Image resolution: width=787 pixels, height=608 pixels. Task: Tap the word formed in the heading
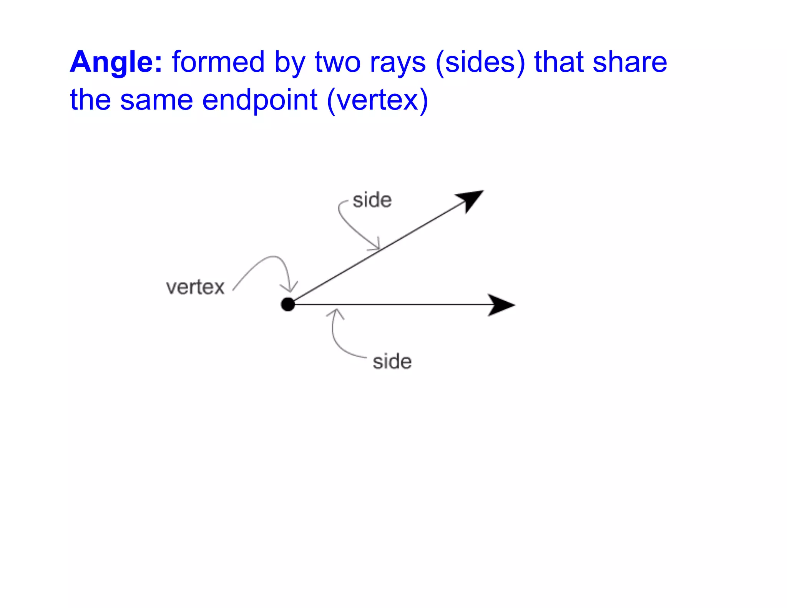pyautogui.click(x=218, y=62)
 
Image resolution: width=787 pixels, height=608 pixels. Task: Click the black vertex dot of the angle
pyautogui.click(x=288, y=304)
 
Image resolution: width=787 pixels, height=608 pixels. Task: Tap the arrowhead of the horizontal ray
pyautogui.click(x=500, y=305)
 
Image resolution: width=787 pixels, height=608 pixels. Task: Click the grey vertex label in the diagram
pyautogui.click(x=195, y=287)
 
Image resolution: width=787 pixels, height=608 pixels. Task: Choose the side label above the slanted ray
pyautogui.click(x=372, y=200)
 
